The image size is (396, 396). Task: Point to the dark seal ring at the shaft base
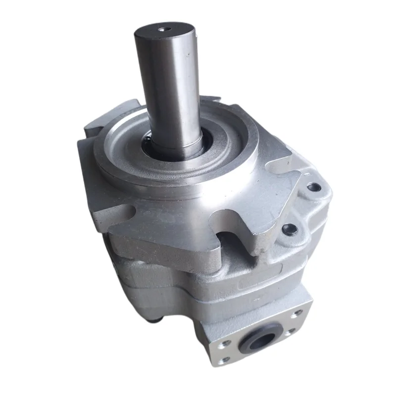148,144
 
